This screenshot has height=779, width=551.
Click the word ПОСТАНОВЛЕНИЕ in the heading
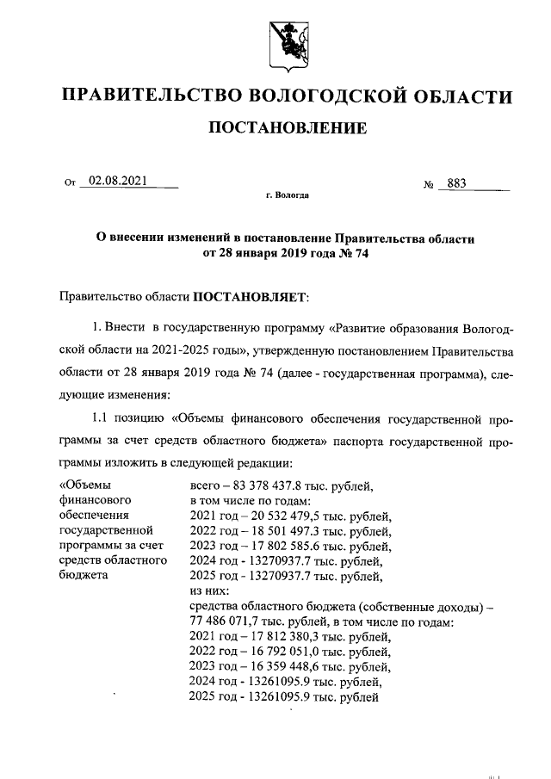pyautogui.click(x=288, y=129)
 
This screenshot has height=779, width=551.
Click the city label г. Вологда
pyautogui.click(x=288, y=195)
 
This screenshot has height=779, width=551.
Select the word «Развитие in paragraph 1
pyautogui.click(x=374, y=329)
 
